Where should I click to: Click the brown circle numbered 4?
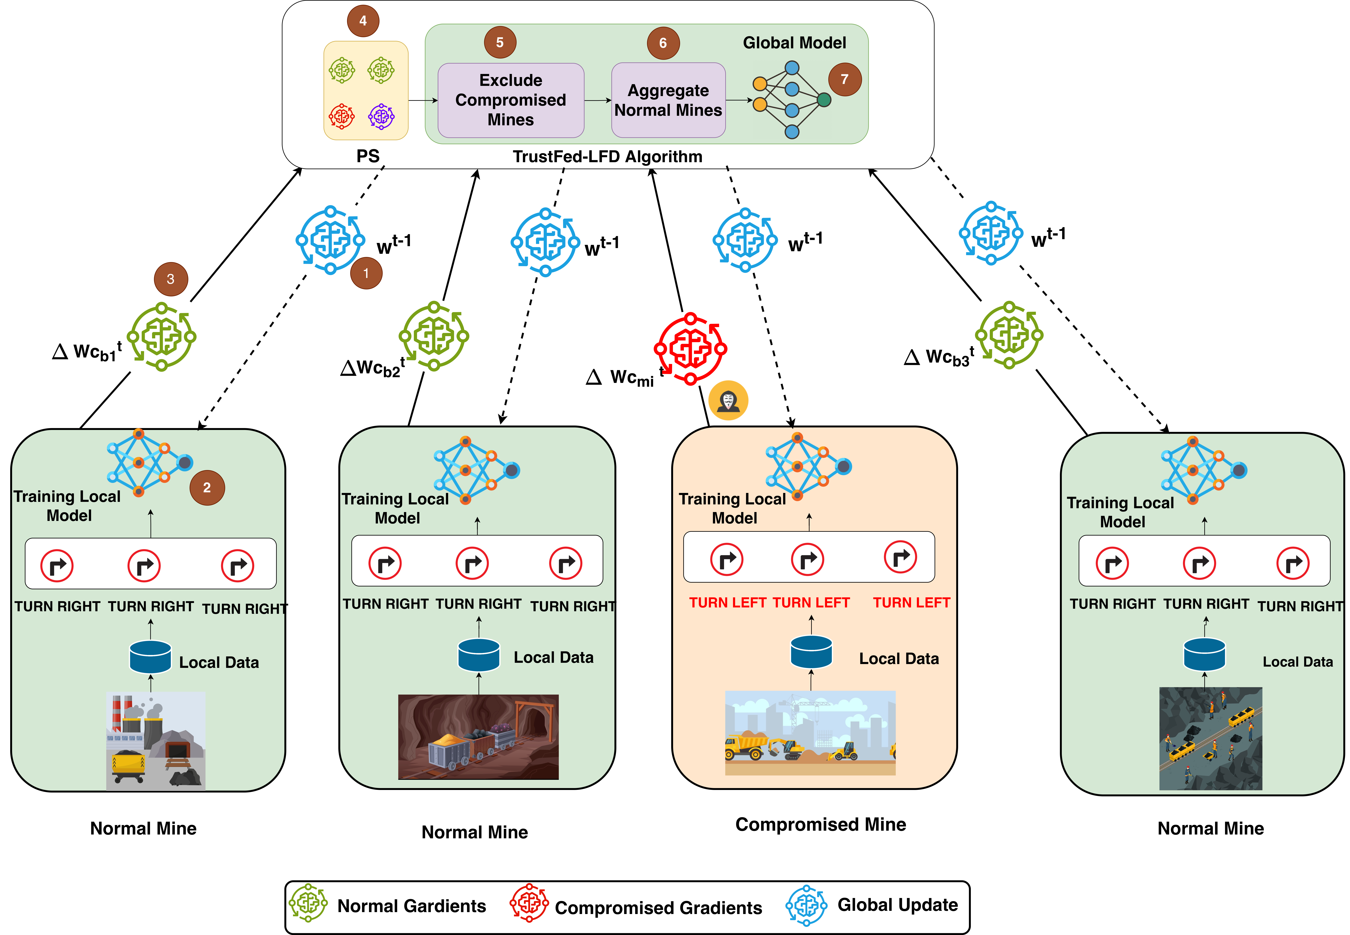pyautogui.click(x=363, y=21)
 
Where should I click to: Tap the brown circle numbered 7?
pyautogui.click(x=844, y=79)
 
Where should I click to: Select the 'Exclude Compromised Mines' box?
pyautogui.click(x=510, y=100)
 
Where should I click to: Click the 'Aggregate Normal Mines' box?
pyautogui.click(x=668, y=100)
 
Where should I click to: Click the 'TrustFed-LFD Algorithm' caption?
pyautogui.click(x=607, y=156)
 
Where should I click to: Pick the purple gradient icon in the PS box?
pyautogui.click(x=381, y=116)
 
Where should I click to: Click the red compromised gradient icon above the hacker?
pyautogui.click(x=690, y=349)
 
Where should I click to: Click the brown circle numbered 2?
pyautogui.click(x=207, y=487)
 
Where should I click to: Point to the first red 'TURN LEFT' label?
pyautogui.click(x=727, y=603)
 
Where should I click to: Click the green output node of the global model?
pyautogui.click(x=824, y=100)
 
